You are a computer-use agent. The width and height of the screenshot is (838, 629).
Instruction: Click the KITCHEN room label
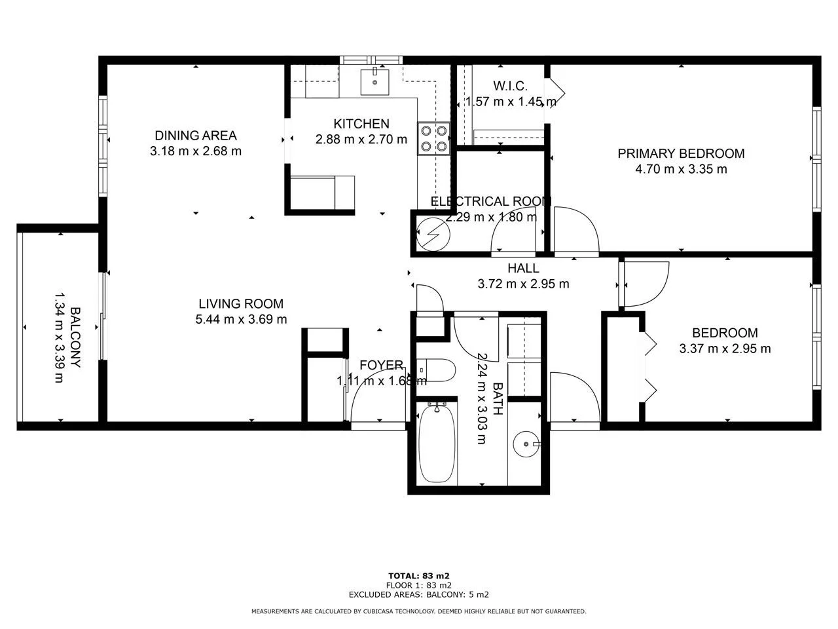pos(361,124)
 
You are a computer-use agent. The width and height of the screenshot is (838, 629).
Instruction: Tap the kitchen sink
pos(374,82)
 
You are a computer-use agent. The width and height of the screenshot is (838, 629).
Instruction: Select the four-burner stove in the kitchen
pos(433,138)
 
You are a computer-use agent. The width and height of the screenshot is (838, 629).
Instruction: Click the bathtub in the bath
pos(437,443)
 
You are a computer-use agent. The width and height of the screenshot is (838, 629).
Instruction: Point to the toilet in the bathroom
pos(435,370)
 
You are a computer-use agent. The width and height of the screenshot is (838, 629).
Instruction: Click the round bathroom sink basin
pos(526,444)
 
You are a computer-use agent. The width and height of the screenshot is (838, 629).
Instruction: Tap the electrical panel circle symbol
pos(433,234)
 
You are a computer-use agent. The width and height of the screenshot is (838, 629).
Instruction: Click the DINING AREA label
pos(196,136)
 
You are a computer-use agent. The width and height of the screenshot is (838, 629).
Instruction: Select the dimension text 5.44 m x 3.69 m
pos(241,319)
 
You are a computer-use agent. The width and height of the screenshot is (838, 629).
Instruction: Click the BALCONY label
pos(75,337)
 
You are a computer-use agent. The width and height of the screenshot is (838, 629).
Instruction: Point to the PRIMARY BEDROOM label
pos(681,153)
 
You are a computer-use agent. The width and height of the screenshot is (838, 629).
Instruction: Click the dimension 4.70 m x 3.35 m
pos(681,169)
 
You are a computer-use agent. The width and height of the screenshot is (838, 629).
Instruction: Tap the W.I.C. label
pos(510,86)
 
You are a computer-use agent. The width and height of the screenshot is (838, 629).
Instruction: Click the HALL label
pos(523,269)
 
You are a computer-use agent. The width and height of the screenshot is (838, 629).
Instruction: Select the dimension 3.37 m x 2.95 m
pos(725,349)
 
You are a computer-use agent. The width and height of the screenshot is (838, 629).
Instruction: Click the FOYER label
pos(381,365)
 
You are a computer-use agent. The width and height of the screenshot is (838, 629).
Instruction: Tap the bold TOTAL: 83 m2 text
pos(418,576)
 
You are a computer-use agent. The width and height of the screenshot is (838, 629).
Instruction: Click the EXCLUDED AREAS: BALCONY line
pos(418,595)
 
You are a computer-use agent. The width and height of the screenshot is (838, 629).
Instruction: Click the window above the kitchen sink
pos(371,60)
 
